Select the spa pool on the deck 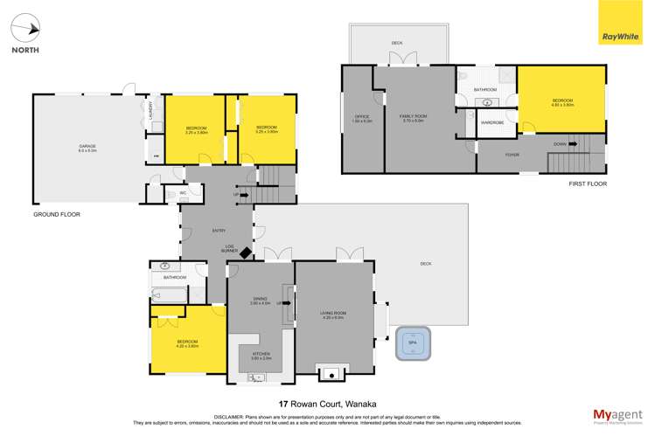pos(413,343)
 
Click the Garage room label pos(87,147)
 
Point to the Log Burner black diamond pos(247,253)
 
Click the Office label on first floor pos(362,117)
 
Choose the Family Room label pos(413,117)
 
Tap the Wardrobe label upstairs pos(493,122)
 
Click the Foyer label pos(512,155)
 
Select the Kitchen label pos(261,355)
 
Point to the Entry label pos(219,231)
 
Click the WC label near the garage pos(183,193)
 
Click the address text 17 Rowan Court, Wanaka pos(327,405)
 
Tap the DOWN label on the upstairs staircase pos(560,144)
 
